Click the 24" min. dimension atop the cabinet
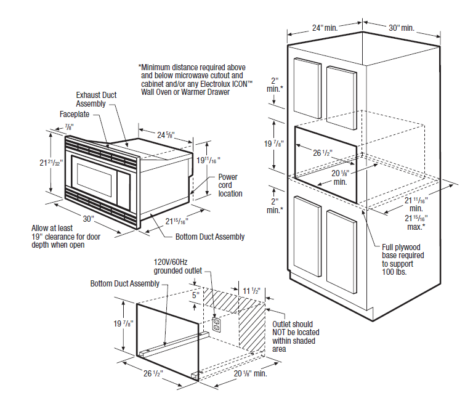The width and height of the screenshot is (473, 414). [325, 28]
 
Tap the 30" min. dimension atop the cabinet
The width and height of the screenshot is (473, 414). [401, 28]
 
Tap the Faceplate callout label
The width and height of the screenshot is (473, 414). [73, 115]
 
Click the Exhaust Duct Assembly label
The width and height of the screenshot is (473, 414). [96, 99]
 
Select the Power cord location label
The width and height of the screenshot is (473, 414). [230, 185]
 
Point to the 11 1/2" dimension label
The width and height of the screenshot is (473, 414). [251, 290]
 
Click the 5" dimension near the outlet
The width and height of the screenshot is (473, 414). [196, 296]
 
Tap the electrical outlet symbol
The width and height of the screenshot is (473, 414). [216, 325]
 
